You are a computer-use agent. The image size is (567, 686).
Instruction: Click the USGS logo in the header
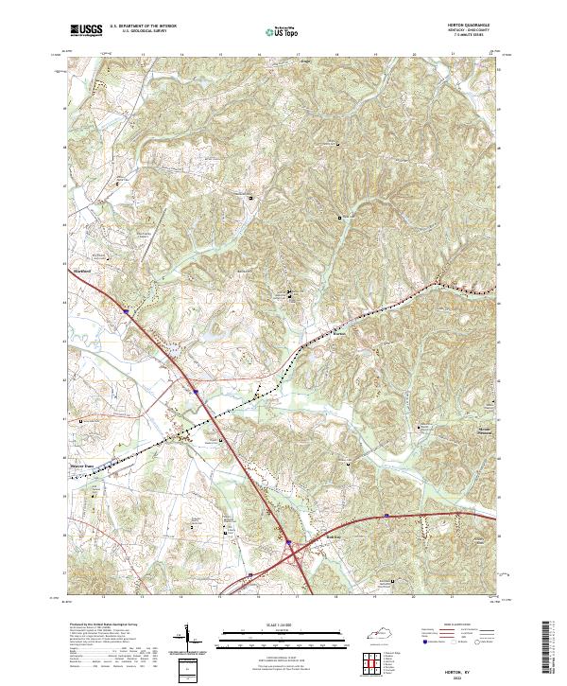(87, 30)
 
